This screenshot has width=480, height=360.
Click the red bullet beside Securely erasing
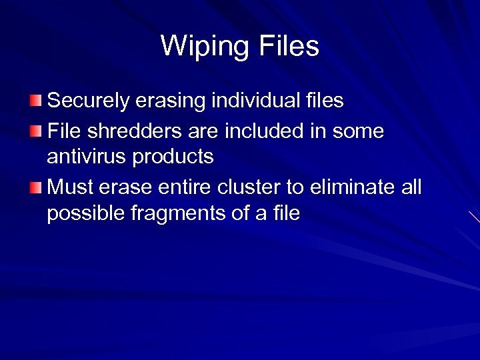coord(35,101)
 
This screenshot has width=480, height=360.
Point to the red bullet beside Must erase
coord(35,187)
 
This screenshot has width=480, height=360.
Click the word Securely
coord(91,101)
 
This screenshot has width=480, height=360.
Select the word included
coord(265,131)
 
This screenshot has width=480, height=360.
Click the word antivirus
coord(87,157)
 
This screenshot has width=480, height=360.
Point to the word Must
coord(70,187)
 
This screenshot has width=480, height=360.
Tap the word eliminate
coord(351,187)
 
